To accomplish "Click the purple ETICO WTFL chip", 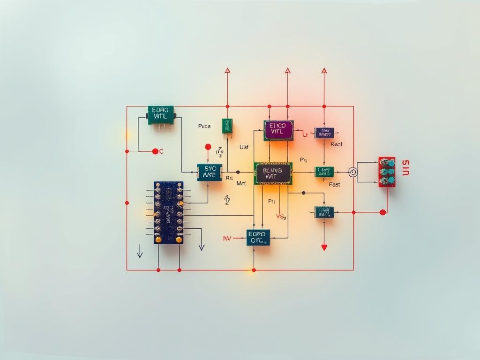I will point(278,131).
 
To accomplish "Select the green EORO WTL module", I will point(161,115).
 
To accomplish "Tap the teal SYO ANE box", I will point(209,172).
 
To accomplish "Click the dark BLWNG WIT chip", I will point(273,173).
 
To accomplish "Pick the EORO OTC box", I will point(258,237).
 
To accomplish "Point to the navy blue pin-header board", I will point(168,212).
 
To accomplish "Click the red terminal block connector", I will point(387,172).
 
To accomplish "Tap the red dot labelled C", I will point(155,151).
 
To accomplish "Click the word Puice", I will point(204,126).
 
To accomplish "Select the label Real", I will point(336,144).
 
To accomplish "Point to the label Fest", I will point(334,185).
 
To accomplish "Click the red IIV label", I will point(227,238).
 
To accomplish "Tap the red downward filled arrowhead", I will point(323,247).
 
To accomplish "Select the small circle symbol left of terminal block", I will point(353,172).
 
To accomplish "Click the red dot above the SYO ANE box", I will point(208,147).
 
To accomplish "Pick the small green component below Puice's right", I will point(227,126).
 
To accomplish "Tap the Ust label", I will point(244,147).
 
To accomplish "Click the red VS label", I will point(281,217).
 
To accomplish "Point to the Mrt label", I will point(241,183).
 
